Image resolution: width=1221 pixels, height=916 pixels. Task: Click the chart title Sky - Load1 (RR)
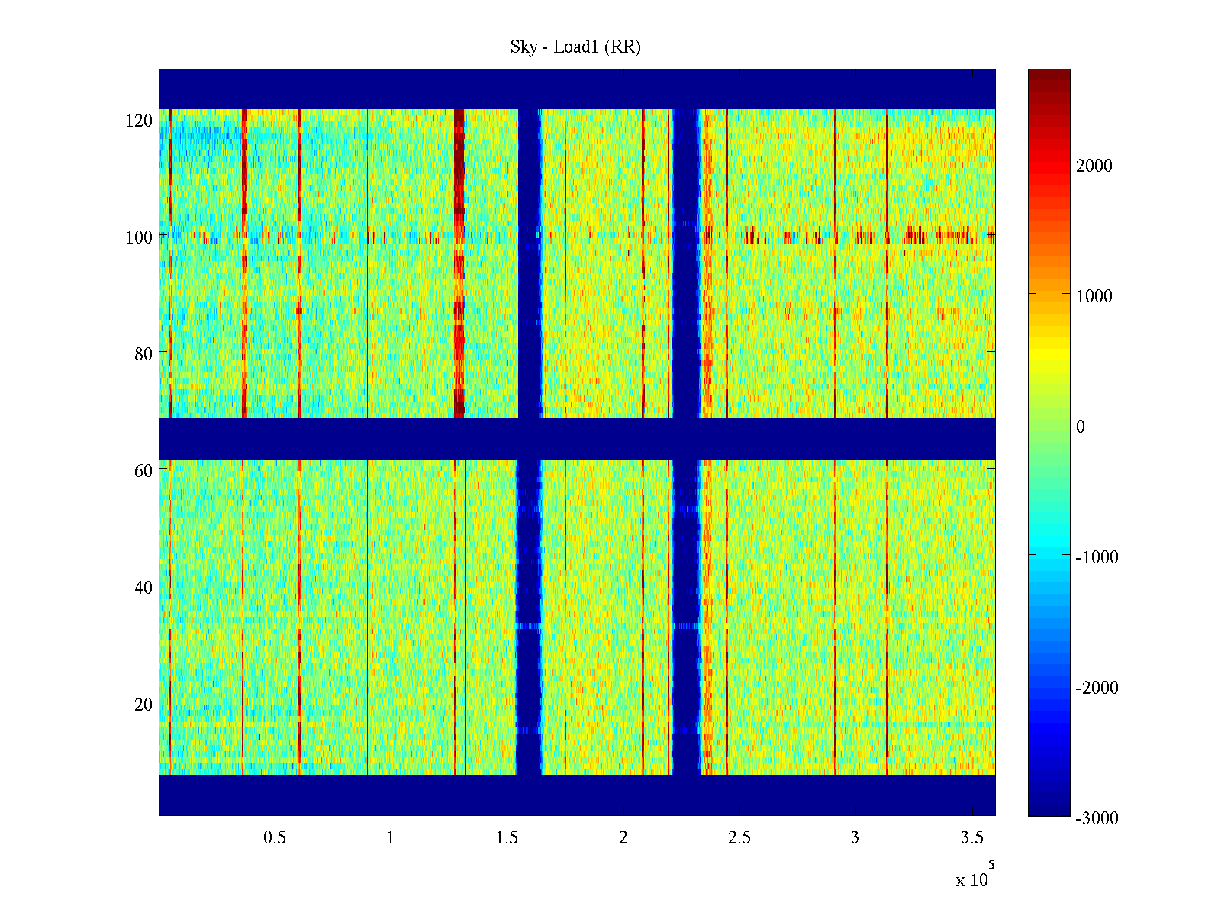click(x=575, y=47)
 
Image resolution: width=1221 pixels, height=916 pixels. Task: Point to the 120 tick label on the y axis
click(x=139, y=121)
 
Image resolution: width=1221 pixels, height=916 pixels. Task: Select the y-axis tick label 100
click(x=139, y=237)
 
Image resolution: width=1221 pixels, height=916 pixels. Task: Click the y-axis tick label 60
click(x=143, y=471)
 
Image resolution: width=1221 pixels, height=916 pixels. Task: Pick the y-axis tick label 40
click(x=143, y=588)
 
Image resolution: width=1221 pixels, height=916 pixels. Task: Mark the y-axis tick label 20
click(x=143, y=705)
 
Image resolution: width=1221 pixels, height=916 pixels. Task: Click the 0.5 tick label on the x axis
click(x=275, y=838)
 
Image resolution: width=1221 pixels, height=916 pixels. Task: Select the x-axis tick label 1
click(x=391, y=838)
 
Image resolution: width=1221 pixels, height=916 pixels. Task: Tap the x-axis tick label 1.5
click(x=507, y=838)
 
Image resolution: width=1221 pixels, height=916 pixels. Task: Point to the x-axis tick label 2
click(x=623, y=838)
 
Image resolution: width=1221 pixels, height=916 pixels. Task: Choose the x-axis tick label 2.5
click(x=739, y=838)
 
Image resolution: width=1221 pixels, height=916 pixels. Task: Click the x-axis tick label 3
click(x=855, y=838)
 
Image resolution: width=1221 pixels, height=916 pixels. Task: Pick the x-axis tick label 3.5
click(x=971, y=838)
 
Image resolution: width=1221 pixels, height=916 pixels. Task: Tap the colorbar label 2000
click(x=1094, y=166)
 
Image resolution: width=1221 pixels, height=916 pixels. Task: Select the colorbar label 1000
click(x=1094, y=297)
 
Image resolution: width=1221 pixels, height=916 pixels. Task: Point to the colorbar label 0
click(x=1081, y=427)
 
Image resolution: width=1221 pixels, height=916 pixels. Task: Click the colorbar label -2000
click(x=1097, y=688)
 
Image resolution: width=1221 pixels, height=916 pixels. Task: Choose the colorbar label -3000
click(x=1097, y=818)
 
